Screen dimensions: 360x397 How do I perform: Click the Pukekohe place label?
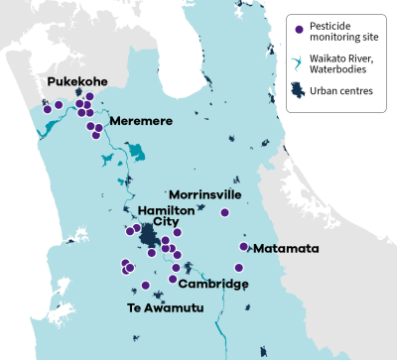click(x=70, y=81)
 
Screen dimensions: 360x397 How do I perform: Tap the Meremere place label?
click(x=141, y=120)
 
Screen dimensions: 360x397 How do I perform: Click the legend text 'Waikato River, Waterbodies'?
click(x=337, y=62)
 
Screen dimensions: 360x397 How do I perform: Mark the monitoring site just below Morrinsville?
click(x=224, y=212)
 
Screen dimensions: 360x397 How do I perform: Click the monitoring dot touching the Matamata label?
click(x=244, y=246)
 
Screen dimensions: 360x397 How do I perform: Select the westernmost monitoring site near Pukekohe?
click(x=46, y=110)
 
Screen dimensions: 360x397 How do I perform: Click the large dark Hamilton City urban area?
click(x=149, y=237)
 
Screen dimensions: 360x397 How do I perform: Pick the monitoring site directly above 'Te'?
click(x=145, y=286)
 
